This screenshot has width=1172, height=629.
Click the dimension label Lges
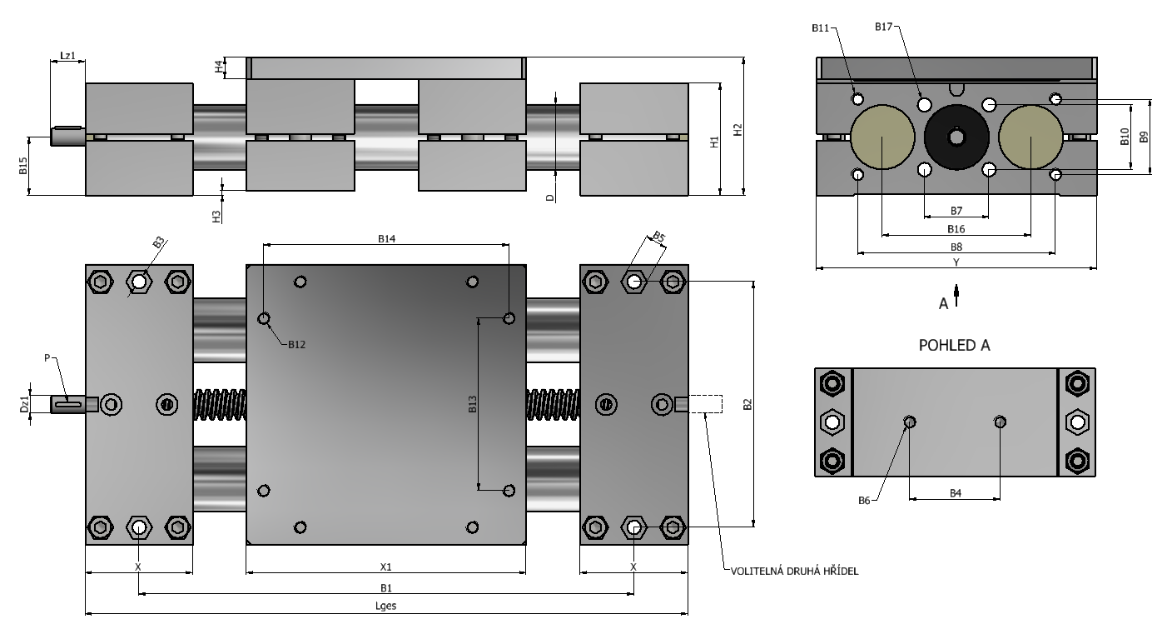click(386, 606)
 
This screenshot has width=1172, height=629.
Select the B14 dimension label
click(387, 239)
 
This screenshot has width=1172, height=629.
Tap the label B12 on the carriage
click(296, 345)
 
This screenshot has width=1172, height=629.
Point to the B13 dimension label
click(473, 404)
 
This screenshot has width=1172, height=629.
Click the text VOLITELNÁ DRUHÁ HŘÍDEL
click(794, 571)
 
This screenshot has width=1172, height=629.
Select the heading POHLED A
click(955, 345)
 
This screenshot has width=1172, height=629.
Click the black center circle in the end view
click(956, 137)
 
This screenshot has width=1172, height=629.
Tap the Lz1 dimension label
click(68, 56)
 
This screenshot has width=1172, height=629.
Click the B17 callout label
click(884, 27)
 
